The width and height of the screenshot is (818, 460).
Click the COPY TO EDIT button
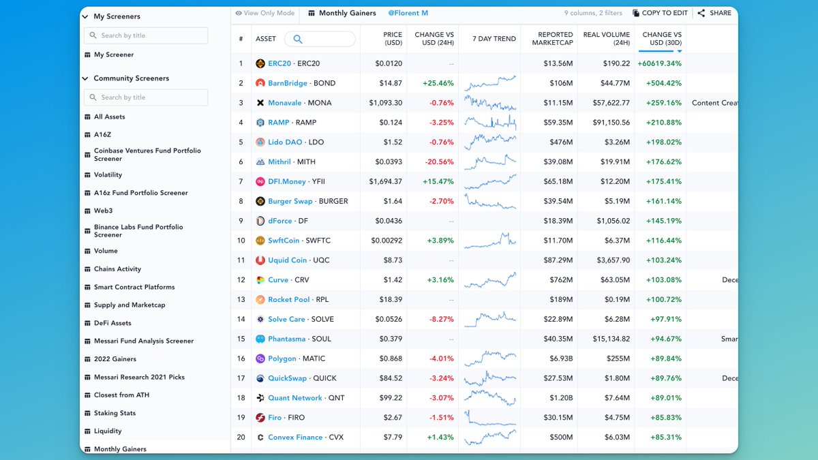[660, 13]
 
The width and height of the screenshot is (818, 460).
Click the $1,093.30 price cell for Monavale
[386, 103]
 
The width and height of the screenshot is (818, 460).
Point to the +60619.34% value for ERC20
[659, 63]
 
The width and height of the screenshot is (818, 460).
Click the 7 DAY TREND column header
[494, 39]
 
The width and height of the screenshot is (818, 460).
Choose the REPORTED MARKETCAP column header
[555, 39]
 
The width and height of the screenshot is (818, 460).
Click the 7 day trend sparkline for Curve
[490, 280]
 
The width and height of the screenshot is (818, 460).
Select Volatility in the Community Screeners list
[108, 175]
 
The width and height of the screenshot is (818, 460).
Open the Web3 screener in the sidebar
[103, 211]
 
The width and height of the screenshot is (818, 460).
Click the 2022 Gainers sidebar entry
[115, 359]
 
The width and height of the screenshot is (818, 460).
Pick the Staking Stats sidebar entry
[115, 413]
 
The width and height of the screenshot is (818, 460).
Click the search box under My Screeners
[146, 35]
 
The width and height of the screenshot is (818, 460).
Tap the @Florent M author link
[408, 13]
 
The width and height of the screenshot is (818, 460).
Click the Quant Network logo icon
[260, 398]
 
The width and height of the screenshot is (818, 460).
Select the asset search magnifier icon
[297, 39]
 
